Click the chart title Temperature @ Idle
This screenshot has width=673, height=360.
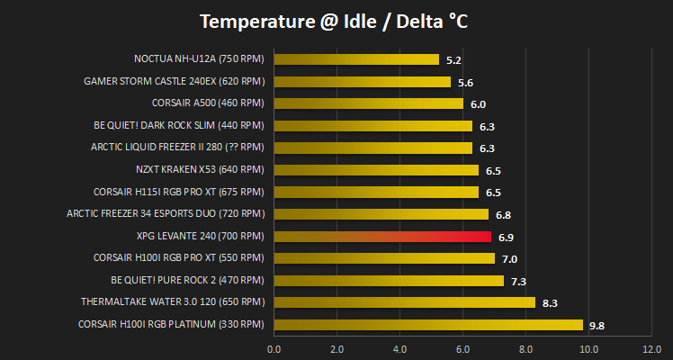pyautogui.click(x=334, y=22)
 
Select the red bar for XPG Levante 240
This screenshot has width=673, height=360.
pyautogui.click(x=382, y=237)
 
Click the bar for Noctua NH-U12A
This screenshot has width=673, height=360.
pyautogui.click(x=356, y=59)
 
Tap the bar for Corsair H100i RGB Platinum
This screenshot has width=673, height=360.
pyautogui.click(x=428, y=325)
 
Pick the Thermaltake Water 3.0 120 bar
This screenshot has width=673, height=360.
pyautogui.click(x=404, y=302)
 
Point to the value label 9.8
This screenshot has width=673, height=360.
pyautogui.click(x=597, y=326)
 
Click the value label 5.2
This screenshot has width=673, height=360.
pyautogui.click(x=453, y=60)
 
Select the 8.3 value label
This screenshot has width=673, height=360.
pyautogui.click(x=550, y=304)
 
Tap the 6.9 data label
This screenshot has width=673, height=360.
pyautogui.click(x=506, y=238)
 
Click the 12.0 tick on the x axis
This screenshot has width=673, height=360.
pyautogui.click(x=651, y=349)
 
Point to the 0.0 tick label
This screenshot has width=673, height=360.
pyautogui.click(x=274, y=349)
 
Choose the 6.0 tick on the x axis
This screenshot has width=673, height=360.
pyautogui.click(x=462, y=349)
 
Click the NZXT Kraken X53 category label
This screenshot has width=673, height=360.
pyautogui.click(x=200, y=169)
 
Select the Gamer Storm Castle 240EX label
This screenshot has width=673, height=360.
pyautogui.click(x=174, y=81)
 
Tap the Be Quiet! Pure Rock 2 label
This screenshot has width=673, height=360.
pyautogui.click(x=187, y=280)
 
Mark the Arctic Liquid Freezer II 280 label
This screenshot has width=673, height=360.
pyautogui.click(x=177, y=148)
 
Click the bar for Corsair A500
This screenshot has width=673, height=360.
pyautogui.click(x=368, y=103)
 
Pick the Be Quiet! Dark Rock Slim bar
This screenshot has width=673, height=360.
pyautogui.click(x=373, y=126)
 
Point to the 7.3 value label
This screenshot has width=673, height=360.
pyautogui.click(x=518, y=282)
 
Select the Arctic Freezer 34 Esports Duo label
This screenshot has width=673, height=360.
pyautogui.click(x=166, y=213)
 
